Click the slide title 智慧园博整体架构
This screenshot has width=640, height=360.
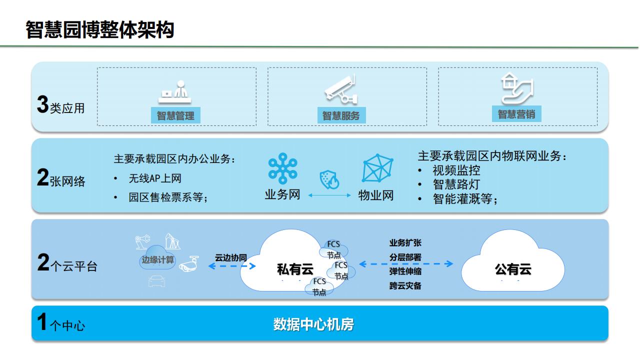(100, 30)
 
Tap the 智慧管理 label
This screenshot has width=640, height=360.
(175, 116)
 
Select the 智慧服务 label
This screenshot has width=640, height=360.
(341, 116)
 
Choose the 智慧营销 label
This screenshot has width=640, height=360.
(516, 114)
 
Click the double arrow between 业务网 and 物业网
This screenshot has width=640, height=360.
(329, 195)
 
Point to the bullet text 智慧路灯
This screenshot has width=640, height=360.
(456, 184)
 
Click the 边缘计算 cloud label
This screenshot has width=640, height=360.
(158, 259)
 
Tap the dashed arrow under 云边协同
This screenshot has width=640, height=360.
(231, 266)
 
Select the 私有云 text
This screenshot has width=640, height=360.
(295, 270)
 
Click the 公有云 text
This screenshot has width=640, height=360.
(513, 270)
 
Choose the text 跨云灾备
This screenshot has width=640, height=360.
(405, 286)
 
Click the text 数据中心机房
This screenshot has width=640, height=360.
(313, 324)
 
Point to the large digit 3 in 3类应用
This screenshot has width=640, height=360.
(42, 105)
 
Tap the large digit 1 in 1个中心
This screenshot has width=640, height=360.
(42, 323)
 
